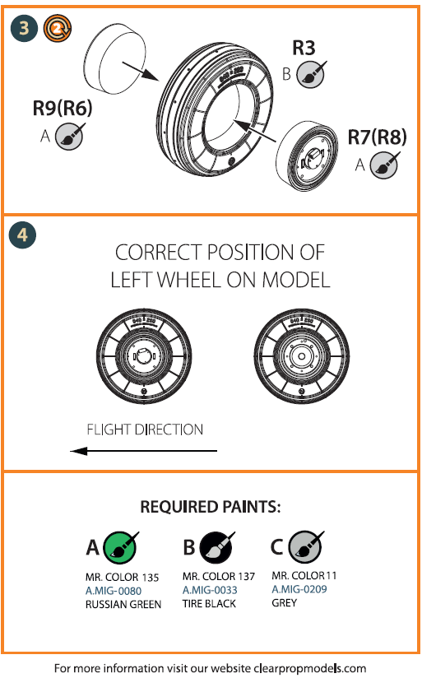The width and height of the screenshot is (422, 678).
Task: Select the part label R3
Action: click(304, 49)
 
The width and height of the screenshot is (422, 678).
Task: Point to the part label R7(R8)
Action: click(376, 137)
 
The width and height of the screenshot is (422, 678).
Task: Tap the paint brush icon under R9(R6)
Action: click(68, 137)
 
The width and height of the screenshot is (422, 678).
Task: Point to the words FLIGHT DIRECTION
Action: click(145, 430)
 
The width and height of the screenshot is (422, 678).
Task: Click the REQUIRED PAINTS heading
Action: click(211, 508)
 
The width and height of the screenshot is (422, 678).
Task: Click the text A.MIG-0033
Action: click(211, 590)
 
